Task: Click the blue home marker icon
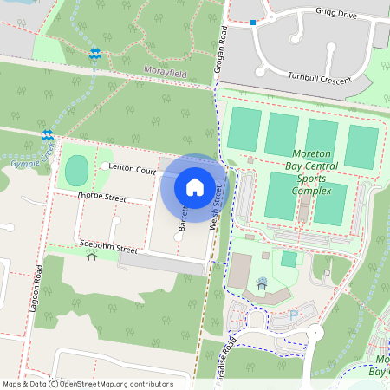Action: (x=194, y=186)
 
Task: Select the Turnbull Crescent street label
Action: (x=320, y=80)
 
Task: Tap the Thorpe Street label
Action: (x=102, y=198)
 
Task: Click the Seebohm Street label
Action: (x=107, y=249)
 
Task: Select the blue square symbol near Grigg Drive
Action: (x=253, y=23)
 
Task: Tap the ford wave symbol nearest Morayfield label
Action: (x=94, y=55)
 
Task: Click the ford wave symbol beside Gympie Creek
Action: (x=48, y=136)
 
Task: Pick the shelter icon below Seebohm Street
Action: (x=92, y=257)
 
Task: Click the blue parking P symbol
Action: (x=293, y=314)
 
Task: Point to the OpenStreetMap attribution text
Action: (x=87, y=384)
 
